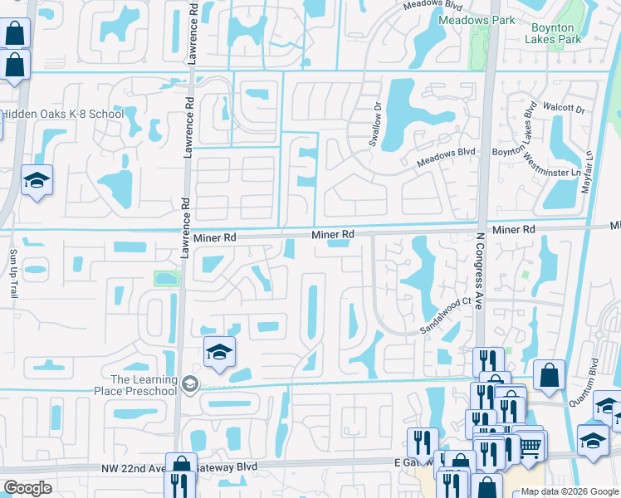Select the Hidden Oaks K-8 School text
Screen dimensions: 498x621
tap(62, 114)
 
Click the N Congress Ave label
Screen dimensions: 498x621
tap(479, 271)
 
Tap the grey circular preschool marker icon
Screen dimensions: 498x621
tap(191, 383)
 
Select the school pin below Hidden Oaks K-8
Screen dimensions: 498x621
tap(37, 180)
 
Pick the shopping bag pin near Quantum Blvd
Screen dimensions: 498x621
tap(549, 375)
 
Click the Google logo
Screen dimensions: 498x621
tap(27, 488)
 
